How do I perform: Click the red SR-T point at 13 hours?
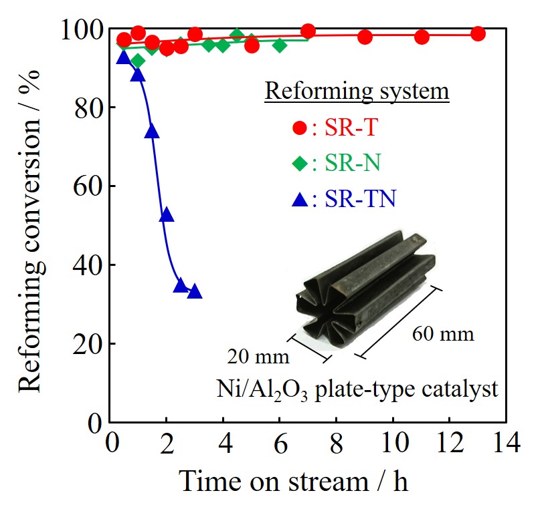tap(478, 34)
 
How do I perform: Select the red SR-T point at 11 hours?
tap(422, 37)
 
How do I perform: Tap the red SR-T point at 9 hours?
tap(365, 37)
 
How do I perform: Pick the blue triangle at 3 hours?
tap(195, 291)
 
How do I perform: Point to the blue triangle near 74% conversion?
tap(153, 131)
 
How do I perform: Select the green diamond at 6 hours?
tap(280, 45)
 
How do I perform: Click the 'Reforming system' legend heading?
tap(357, 91)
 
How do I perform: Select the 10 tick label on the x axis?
tap(393, 444)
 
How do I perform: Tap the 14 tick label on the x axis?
tap(506, 444)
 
